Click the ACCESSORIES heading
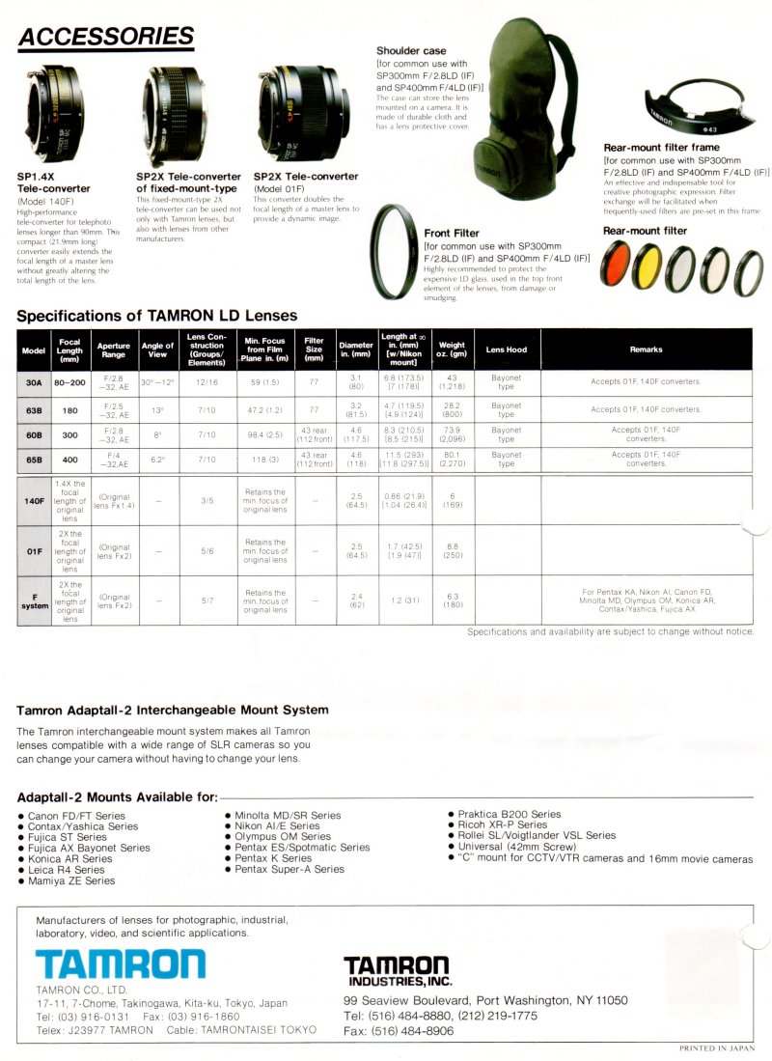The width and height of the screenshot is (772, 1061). tap(105, 38)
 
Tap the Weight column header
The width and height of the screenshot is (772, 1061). tap(452, 349)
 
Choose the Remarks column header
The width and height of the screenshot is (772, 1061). tap(646, 349)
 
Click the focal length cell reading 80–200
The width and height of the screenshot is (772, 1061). tap(69, 381)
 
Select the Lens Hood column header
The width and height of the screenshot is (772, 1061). tap(506, 349)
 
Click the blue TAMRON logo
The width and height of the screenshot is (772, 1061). tap(120, 963)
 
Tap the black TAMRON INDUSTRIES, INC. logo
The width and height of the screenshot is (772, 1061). tap(397, 969)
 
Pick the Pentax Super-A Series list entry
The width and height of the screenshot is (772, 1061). tap(289, 870)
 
